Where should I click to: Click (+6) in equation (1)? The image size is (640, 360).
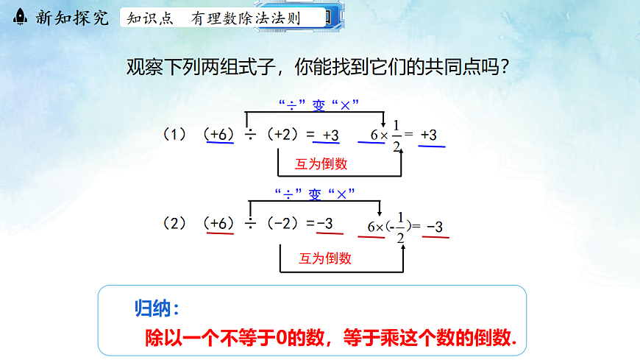pyautogui.click(x=220, y=135)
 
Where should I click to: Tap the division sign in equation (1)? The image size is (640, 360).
pyautogui.click(x=251, y=135)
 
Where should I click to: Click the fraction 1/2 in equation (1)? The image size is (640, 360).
pyautogui.click(x=397, y=135)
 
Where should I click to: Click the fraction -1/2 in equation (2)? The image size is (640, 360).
pyautogui.click(x=399, y=227)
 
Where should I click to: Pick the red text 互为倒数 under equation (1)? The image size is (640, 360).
pyautogui.click(x=321, y=164)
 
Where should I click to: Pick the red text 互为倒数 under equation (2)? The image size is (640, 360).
pyautogui.click(x=324, y=258)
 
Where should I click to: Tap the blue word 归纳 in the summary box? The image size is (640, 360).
pyautogui.click(x=157, y=307)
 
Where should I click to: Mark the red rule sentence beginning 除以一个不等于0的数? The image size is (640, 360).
pyautogui.click(x=331, y=338)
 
